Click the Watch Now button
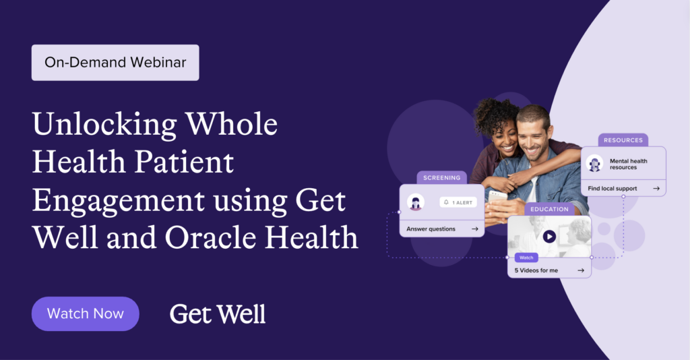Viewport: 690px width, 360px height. [86, 313]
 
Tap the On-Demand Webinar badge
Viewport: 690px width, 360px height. [115, 63]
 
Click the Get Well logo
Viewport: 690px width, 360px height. [218, 314]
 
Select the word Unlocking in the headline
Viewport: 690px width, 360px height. [104, 125]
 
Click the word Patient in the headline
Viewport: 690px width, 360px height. [183, 162]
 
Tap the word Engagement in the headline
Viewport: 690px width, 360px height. [119, 202]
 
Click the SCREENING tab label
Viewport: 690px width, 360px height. [442, 178]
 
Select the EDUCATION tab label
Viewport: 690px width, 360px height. [549, 209]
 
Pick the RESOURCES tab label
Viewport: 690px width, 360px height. [623, 140]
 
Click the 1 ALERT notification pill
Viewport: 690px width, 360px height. [458, 202]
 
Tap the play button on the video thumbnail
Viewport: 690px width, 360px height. [549, 237]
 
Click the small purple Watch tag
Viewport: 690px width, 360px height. [526, 258]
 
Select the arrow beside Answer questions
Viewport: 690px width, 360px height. [475, 229]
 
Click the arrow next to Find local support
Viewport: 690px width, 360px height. [656, 188]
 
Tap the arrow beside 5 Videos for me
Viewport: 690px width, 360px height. [581, 270]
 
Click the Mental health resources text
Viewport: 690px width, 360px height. [629, 164]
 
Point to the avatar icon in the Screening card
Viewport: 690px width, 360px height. [416, 202]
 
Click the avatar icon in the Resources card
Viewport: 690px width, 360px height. [594, 163]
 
